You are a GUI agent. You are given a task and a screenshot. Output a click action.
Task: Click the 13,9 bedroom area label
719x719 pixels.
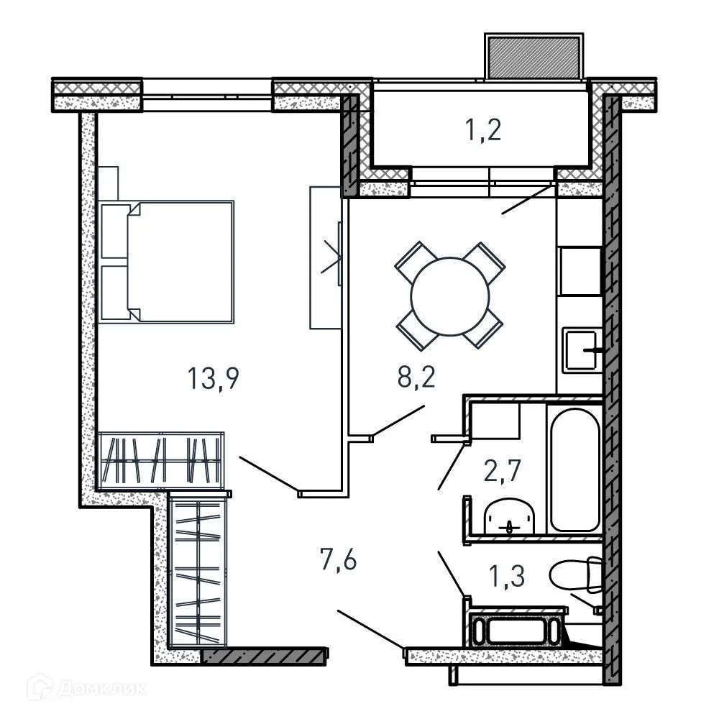pos(214,379)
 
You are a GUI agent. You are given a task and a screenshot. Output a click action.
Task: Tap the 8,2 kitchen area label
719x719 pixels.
pos(416,377)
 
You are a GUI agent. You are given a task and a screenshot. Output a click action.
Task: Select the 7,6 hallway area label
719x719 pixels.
pos(339,560)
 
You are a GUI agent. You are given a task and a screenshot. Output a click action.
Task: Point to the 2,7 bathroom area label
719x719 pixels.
pos(502,470)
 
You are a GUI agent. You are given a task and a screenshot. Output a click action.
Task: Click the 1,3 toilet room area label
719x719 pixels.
pos(507,575)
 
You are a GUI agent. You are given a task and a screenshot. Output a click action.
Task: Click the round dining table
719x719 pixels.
pos(450,296)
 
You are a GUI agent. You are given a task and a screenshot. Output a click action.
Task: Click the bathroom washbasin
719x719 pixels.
pos(510,517)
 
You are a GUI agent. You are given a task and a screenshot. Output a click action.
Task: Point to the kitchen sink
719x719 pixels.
pos(582,350)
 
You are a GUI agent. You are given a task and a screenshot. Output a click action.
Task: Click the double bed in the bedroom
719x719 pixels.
pos(167,262)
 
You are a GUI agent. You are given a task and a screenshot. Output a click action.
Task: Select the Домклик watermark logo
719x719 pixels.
pos(87,688)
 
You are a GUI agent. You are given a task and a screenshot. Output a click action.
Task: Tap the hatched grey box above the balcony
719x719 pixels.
pos(533,58)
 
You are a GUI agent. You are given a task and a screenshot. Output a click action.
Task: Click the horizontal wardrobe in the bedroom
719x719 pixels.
pos(161,460)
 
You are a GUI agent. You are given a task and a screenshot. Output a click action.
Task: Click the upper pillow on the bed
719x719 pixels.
pos(114,232)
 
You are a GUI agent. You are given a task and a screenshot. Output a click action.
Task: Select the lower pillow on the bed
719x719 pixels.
pos(114,292)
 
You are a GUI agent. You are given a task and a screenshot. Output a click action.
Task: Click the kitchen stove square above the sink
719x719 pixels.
pos(580,271)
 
